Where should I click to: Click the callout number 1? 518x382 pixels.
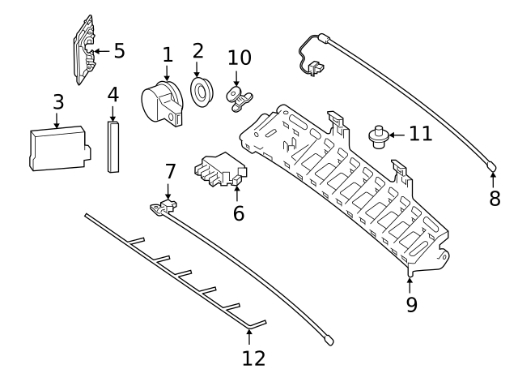168,55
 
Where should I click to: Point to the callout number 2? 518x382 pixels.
198,50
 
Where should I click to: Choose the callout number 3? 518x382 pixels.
58,102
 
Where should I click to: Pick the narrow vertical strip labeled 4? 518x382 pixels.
113,146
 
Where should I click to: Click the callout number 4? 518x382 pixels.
113,94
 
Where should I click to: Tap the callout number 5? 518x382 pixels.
119,51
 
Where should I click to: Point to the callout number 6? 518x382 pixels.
238,213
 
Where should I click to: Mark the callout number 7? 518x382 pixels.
170,171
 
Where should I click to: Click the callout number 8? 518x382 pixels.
495,198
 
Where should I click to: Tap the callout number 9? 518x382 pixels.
412,304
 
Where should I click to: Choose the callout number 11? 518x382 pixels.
420,132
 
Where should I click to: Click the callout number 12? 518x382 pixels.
253,357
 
